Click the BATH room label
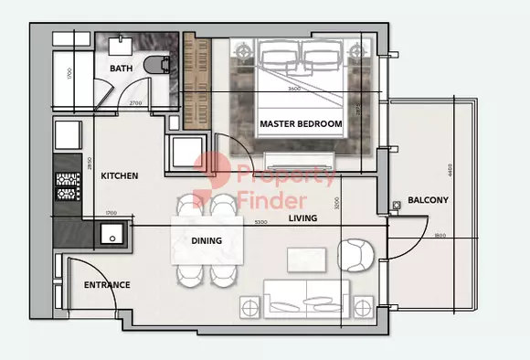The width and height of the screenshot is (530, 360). click(x=122, y=69)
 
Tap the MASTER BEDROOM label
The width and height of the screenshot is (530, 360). click(x=301, y=123)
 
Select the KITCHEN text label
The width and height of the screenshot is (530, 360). click(x=120, y=175)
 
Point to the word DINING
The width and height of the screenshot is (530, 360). click(x=207, y=240)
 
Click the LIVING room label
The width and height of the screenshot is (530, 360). click(x=302, y=219)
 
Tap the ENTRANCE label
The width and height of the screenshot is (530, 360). click(x=107, y=285)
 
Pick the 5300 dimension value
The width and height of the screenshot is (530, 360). click(x=260, y=222)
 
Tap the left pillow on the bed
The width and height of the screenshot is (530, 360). click(x=280, y=58)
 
